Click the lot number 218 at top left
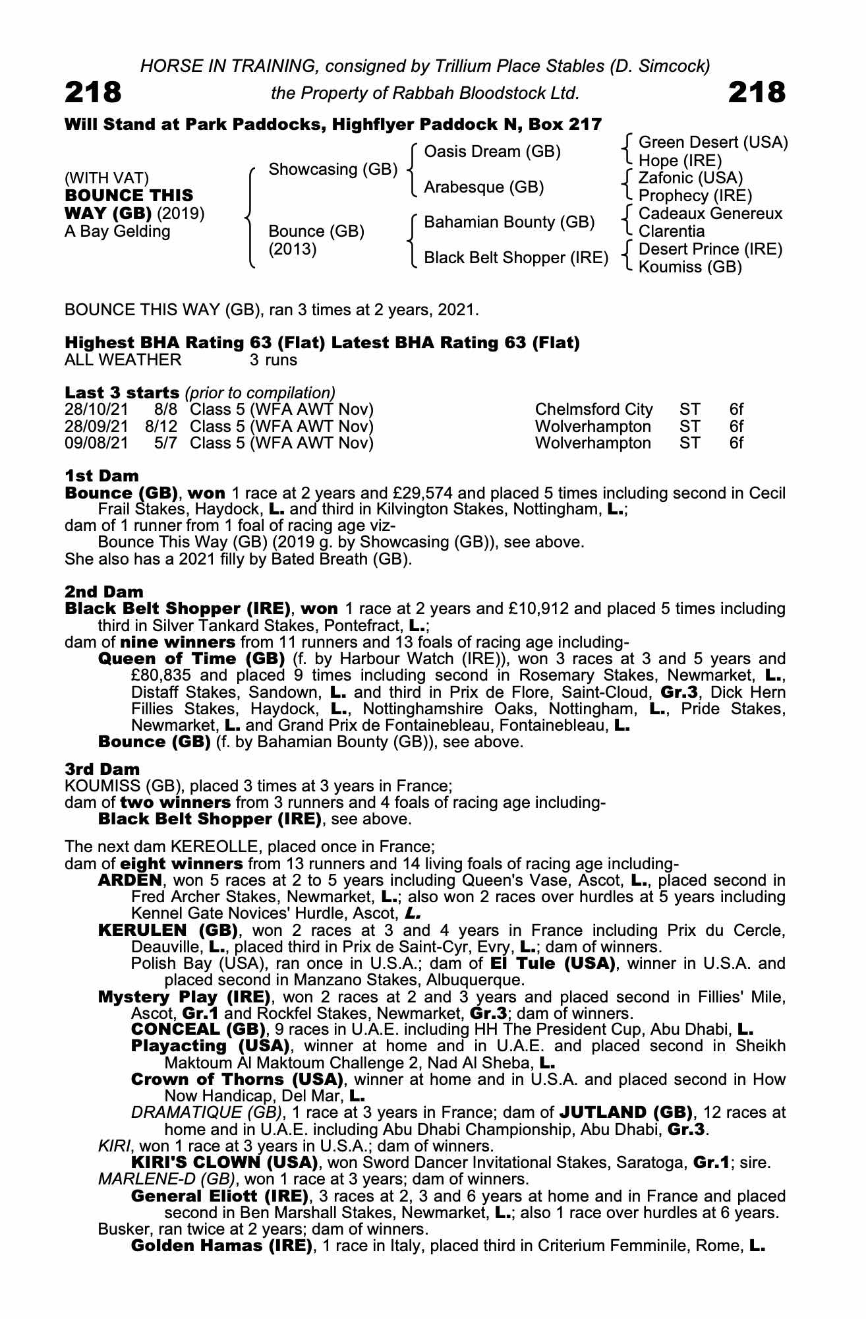coord(93,92)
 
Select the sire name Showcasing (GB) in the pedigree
coord(333,169)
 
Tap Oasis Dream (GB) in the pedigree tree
coord(492,152)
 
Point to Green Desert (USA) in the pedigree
coord(713,142)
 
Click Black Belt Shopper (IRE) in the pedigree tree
coord(515,258)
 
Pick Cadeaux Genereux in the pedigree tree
coord(710,214)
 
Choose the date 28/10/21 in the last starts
coord(96,410)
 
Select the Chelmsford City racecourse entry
coord(594,410)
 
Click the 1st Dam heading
coord(101,475)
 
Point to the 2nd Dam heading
coord(104,592)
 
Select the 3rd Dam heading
coord(103,769)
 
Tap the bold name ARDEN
coord(129,880)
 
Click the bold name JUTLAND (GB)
coord(625,1112)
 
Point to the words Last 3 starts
coord(122,392)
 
